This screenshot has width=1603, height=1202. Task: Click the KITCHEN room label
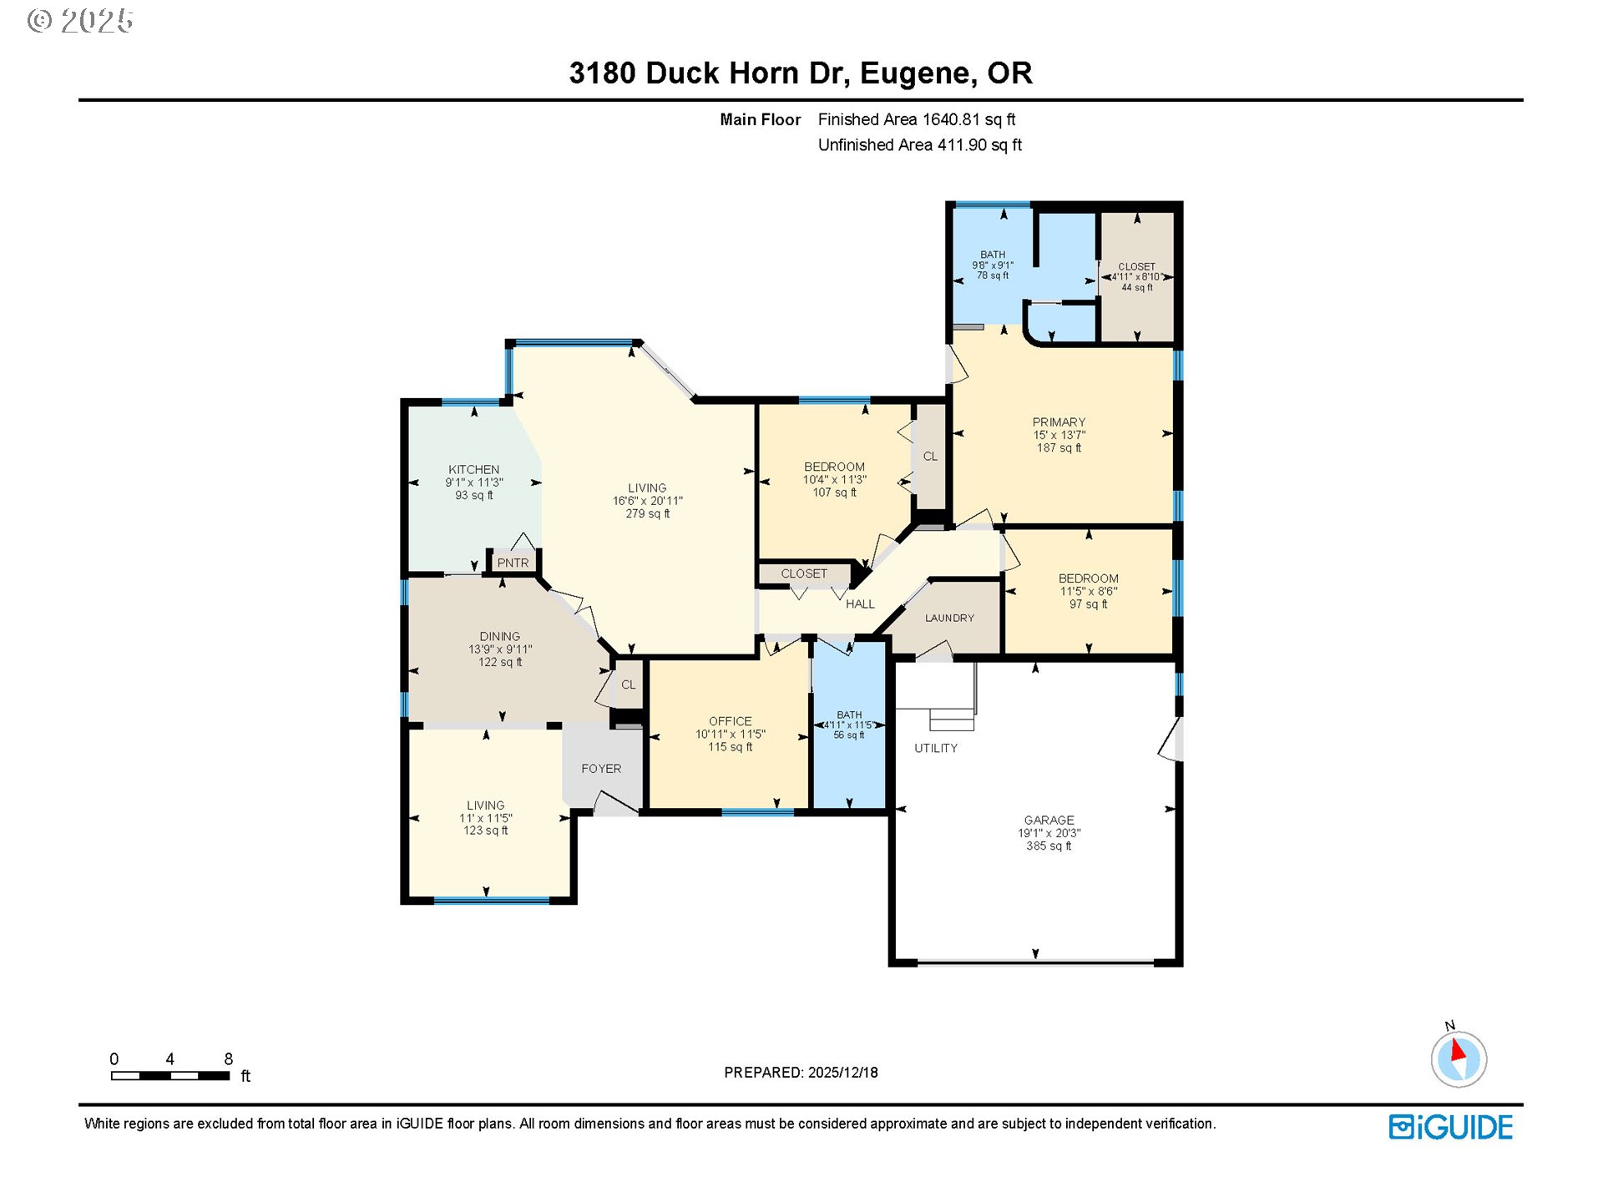(x=473, y=470)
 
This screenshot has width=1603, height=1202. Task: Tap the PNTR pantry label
(x=513, y=563)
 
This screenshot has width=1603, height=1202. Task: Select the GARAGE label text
(x=1049, y=821)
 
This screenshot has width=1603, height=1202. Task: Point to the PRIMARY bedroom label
(x=1059, y=422)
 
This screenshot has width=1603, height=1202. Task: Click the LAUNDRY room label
(x=949, y=619)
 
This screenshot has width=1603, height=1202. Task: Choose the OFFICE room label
(x=730, y=721)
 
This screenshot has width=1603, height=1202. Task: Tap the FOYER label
(x=601, y=769)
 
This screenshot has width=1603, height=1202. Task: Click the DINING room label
(x=499, y=637)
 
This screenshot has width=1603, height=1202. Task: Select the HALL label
(x=860, y=604)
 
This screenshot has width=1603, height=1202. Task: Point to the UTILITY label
(x=935, y=749)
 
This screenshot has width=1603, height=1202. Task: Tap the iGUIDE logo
(x=1450, y=1128)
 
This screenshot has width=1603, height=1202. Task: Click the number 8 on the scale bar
(x=229, y=1059)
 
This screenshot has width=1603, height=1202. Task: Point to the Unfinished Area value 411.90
(x=962, y=145)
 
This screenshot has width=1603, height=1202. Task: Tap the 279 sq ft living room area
(x=647, y=514)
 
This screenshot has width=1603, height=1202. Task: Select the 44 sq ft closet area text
(x=1136, y=288)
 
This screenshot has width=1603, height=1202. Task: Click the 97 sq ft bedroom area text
(x=1088, y=604)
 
